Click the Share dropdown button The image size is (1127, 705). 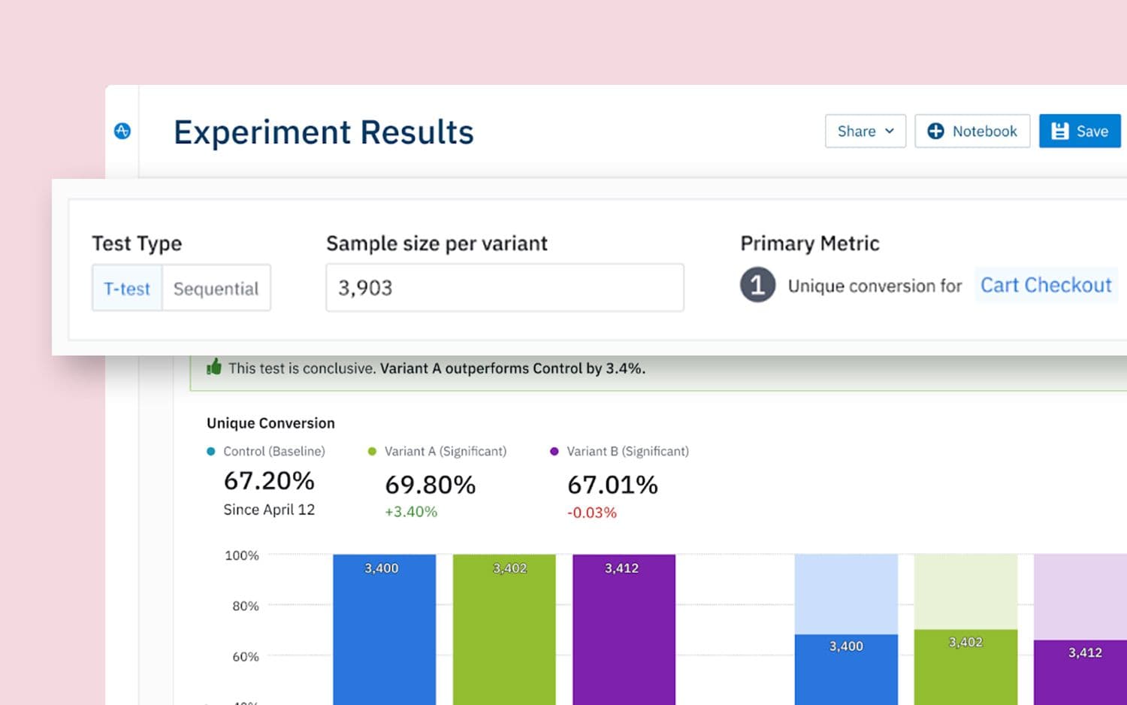point(865,132)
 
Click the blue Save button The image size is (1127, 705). point(1080,132)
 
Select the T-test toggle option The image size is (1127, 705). point(127,289)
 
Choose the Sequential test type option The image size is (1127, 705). point(216,289)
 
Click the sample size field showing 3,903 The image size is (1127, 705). point(504,288)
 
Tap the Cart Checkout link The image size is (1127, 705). point(1045,286)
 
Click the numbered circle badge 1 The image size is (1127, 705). point(757,286)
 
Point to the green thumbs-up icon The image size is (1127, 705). point(214,368)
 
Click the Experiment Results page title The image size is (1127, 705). point(324,132)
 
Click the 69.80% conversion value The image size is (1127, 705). point(430,485)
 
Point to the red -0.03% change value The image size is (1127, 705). point(591,513)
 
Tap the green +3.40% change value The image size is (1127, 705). point(411,512)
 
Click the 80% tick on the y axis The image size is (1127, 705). point(246,606)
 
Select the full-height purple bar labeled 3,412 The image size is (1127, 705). point(624,631)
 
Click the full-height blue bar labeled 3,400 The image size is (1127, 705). point(384,631)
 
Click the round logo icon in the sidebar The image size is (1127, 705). point(122,131)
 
